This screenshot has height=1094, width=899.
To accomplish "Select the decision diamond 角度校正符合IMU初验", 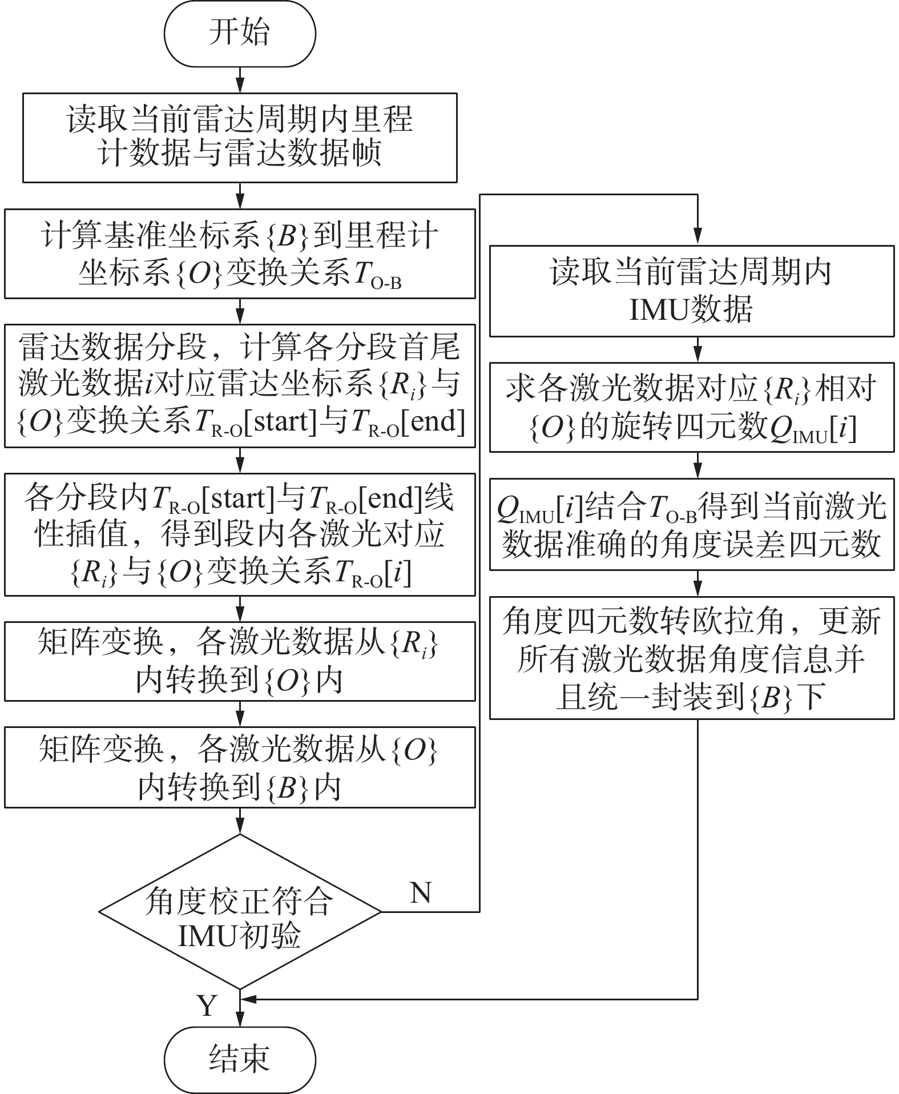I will tap(240, 912).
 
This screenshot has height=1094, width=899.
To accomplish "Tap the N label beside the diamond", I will tap(421, 892).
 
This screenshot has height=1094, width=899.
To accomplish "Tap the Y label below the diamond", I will tap(207, 1005).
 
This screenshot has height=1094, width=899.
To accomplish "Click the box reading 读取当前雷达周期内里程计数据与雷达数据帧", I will tap(240, 138).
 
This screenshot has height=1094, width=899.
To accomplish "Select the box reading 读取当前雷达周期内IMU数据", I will tap(691, 291).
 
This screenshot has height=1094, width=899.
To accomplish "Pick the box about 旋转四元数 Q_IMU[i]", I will tap(691, 407).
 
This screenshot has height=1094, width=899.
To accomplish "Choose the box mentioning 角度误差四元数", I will tap(691, 524).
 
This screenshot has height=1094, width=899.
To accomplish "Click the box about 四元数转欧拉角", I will tap(691, 658).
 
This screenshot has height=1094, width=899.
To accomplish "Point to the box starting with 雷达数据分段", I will tap(240, 385).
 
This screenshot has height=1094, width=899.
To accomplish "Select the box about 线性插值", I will tap(240, 534).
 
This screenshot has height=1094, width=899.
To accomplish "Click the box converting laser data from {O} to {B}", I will tap(240, 767).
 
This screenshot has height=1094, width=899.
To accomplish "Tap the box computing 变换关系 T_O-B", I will tap(240, 254).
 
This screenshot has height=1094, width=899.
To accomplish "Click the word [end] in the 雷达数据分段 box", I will tap(434, 422).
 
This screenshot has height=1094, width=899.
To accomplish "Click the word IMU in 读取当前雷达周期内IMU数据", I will tap(658, 310).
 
